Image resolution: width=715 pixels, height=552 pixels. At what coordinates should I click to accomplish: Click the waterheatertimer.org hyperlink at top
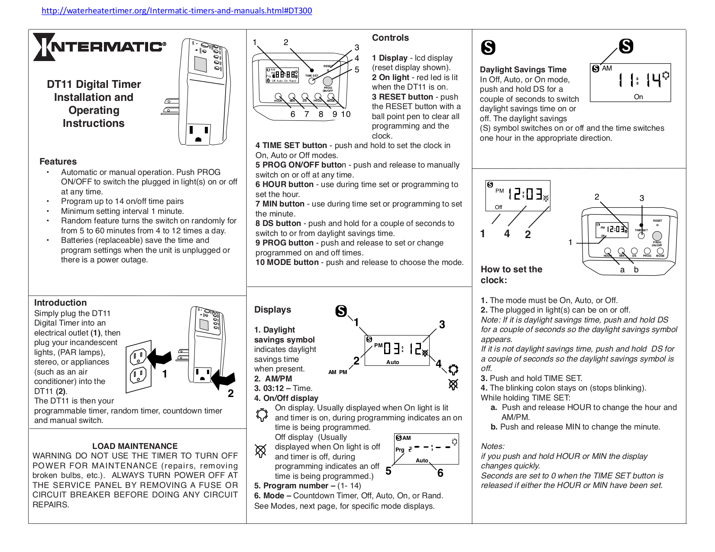click(177, 11)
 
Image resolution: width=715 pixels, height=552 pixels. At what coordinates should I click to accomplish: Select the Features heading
click(58, 161)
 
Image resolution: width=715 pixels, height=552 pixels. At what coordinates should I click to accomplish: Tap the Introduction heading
click(60, 303)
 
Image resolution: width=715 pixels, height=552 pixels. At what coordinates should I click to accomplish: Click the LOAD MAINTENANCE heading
click(135, 446)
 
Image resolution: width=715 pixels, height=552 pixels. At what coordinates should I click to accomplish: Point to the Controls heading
click(390, 38)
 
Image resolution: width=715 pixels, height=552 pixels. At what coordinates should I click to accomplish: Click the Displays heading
click(272, 310)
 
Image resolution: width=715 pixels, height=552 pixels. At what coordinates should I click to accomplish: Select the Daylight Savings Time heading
click(523, 70)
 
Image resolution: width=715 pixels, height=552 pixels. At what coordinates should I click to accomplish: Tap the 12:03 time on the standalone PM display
click(525, 194)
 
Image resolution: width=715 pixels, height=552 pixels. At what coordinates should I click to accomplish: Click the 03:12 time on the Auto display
click(403, 349)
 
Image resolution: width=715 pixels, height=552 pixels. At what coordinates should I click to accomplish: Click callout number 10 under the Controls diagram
click(346, 114)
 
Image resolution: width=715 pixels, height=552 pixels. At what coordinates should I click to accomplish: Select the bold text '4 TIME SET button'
click(291, 145)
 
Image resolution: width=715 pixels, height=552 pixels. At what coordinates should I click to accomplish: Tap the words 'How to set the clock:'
click(511, 274)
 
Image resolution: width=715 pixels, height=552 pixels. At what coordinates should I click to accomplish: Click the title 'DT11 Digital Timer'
click(94, 84)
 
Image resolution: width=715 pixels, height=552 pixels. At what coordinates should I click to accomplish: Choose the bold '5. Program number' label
click(291, 486)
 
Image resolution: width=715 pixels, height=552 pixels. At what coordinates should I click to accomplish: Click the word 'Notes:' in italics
click(492, 446)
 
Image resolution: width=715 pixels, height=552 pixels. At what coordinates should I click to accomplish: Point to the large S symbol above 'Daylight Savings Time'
click(488, 47)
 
